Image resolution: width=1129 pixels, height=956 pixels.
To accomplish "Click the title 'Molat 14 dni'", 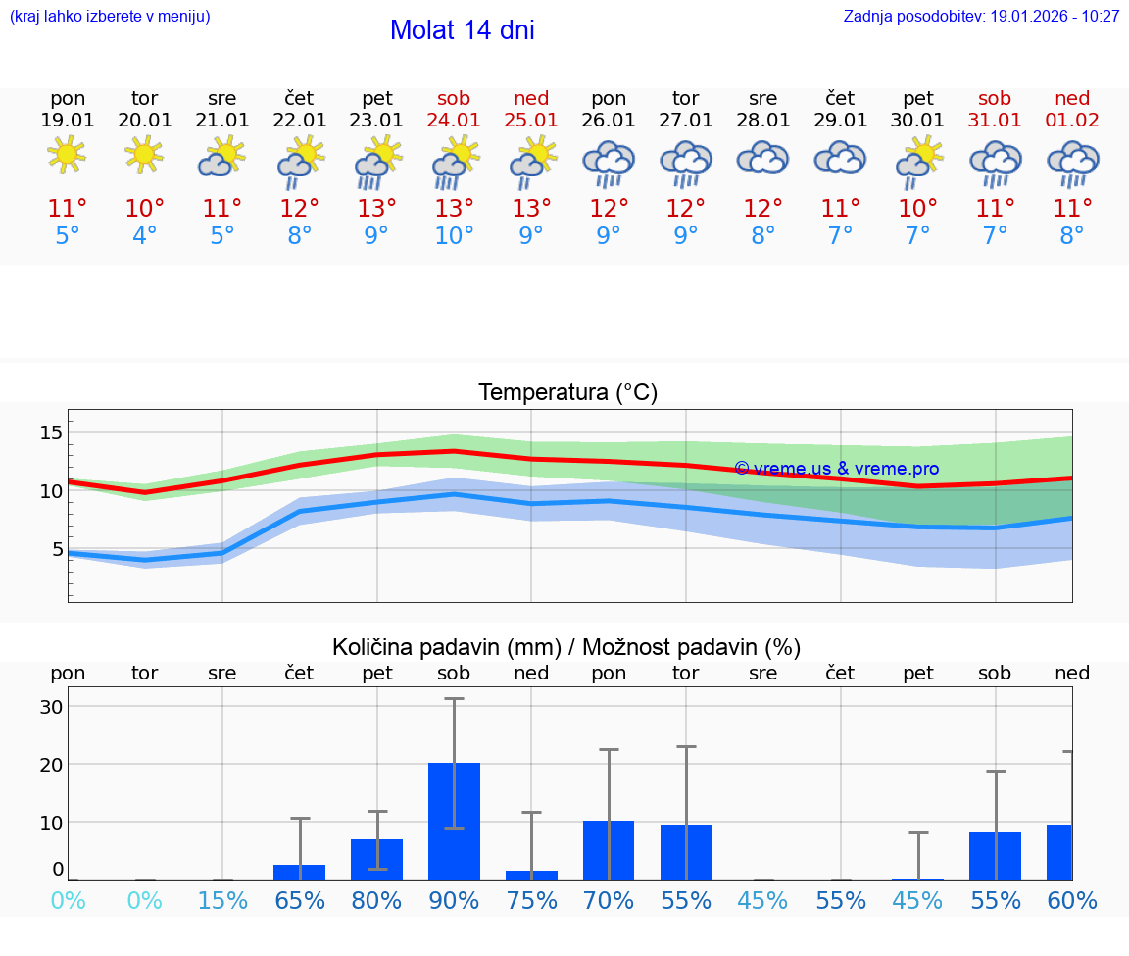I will click(x=462, y=30).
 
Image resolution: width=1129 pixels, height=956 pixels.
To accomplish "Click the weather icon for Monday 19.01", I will click(x=67, y=154).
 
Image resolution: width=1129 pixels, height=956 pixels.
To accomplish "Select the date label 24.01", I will click(x=454, y=120).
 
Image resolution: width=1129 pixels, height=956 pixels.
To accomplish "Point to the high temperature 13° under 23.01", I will click(x=376, y=209).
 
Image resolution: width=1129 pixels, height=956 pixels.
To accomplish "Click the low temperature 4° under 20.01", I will click(x=144, y=236).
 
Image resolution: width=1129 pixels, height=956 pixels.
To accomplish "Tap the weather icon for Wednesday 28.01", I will click(x=762, y=158).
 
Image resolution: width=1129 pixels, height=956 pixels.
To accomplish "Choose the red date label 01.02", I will click(x=1072, y=120).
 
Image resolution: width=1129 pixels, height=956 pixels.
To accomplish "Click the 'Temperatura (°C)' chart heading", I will click(x=567, y=392).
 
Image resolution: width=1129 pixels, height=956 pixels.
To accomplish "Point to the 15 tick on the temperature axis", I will click(x=51, y=432).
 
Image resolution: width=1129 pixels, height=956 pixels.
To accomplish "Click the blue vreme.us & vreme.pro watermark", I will click(x=836, y=469).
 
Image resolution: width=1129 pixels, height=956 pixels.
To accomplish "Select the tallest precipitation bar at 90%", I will click(x=454, y=821).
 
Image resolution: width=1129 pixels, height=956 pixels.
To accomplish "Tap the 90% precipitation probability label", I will click(x=454, y=901).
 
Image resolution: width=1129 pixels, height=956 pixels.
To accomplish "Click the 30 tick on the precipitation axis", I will click(x=51, y=707).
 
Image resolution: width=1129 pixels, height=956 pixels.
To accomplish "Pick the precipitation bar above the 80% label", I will click(x=376, y=859).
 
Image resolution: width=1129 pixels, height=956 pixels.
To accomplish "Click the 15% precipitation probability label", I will click(x=222, y=901).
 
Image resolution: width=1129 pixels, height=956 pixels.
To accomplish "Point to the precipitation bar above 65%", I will click(x=300, y=872).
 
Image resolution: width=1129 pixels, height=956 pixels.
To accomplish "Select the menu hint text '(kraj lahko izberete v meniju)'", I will click(x=110, y=17).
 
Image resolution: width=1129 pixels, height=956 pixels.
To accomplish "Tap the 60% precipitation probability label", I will click(x=1071, y=901).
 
